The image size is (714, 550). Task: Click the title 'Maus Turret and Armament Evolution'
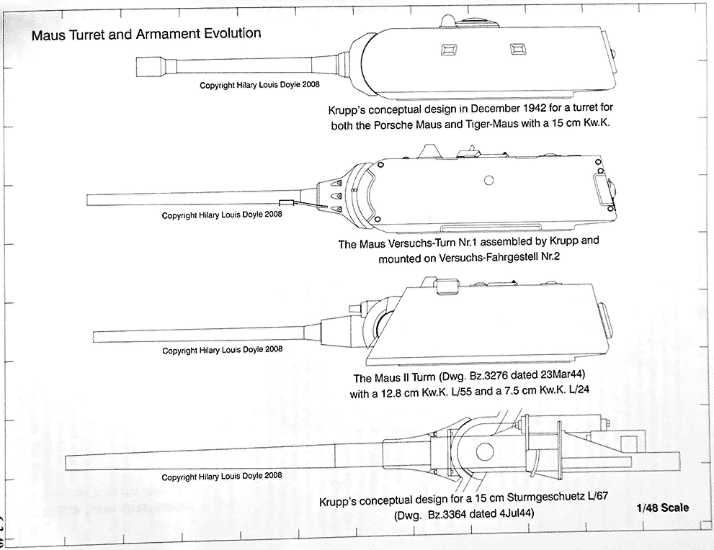146,34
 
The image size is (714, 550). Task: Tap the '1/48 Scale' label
662,508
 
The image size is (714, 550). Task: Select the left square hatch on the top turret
447,50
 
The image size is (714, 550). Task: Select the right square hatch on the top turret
516,49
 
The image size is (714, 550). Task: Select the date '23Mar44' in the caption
561,379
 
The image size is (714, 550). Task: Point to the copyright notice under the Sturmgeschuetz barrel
222,477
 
